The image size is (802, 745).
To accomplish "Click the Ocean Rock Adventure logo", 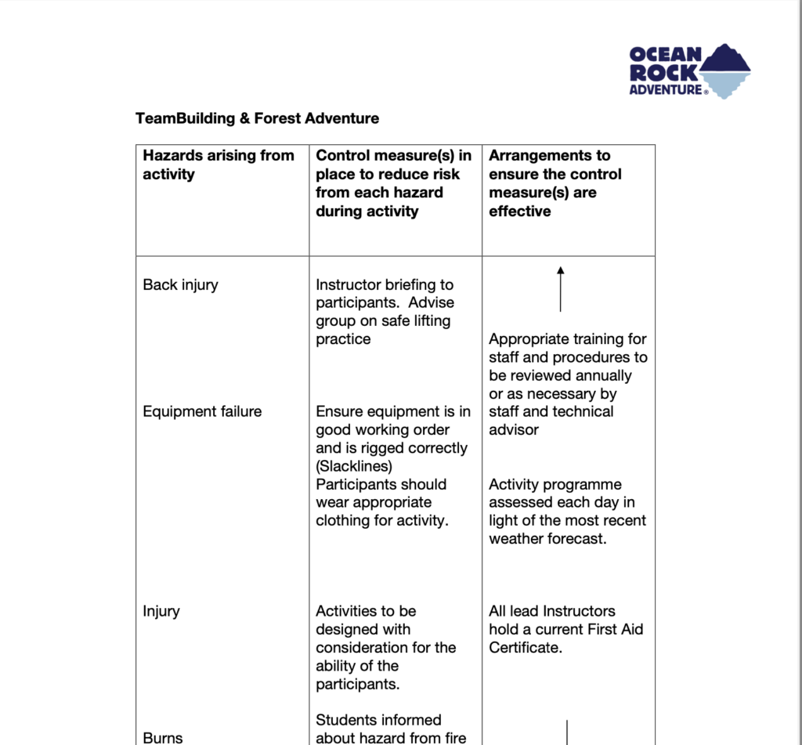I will [689, 71].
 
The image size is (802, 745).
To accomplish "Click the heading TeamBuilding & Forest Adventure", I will [257, 118].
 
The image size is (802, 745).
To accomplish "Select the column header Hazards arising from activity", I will [218, 165].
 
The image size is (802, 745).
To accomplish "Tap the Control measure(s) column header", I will [393, 183].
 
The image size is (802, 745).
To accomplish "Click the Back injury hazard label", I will [180, 284].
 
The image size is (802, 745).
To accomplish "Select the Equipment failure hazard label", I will [202, 411].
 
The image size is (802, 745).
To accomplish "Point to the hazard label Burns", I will [162, 737].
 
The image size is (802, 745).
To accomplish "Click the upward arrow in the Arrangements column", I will [560, 288].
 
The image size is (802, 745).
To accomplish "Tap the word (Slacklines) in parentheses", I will [354, 466].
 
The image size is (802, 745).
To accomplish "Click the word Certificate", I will [525, 648].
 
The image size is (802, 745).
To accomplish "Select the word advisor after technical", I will [514, 429].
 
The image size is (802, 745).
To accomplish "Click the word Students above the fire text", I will [345, 719].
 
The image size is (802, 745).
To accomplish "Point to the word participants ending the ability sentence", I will [356, 684].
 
